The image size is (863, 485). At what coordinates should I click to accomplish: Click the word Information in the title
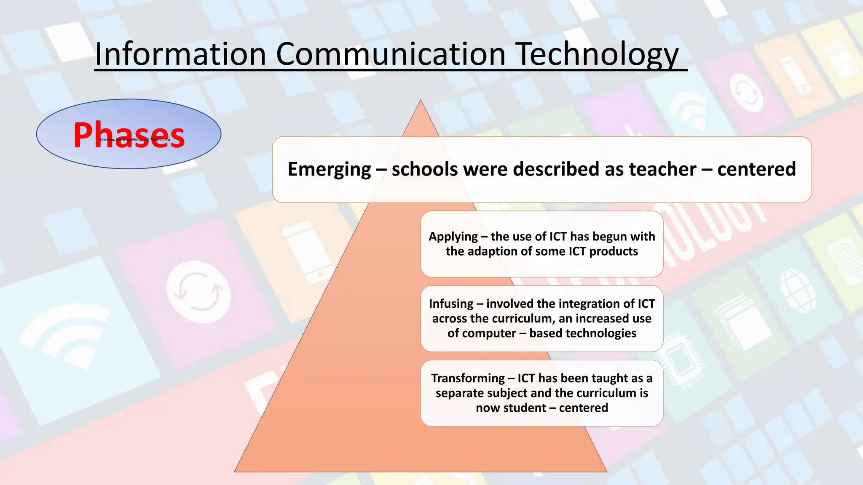click(180, 55)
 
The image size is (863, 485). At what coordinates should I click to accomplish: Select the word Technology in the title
click(598, 55)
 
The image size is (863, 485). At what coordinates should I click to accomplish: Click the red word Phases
click(129, 135)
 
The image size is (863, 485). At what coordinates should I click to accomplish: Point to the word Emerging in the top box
click(329, 169)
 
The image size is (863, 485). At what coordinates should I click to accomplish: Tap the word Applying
click(453, 237)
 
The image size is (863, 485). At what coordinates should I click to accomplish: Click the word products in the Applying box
click(614, 251)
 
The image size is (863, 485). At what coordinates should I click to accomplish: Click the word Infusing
click(451, 304)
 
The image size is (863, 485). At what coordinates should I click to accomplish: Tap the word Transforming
click(468, 378)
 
